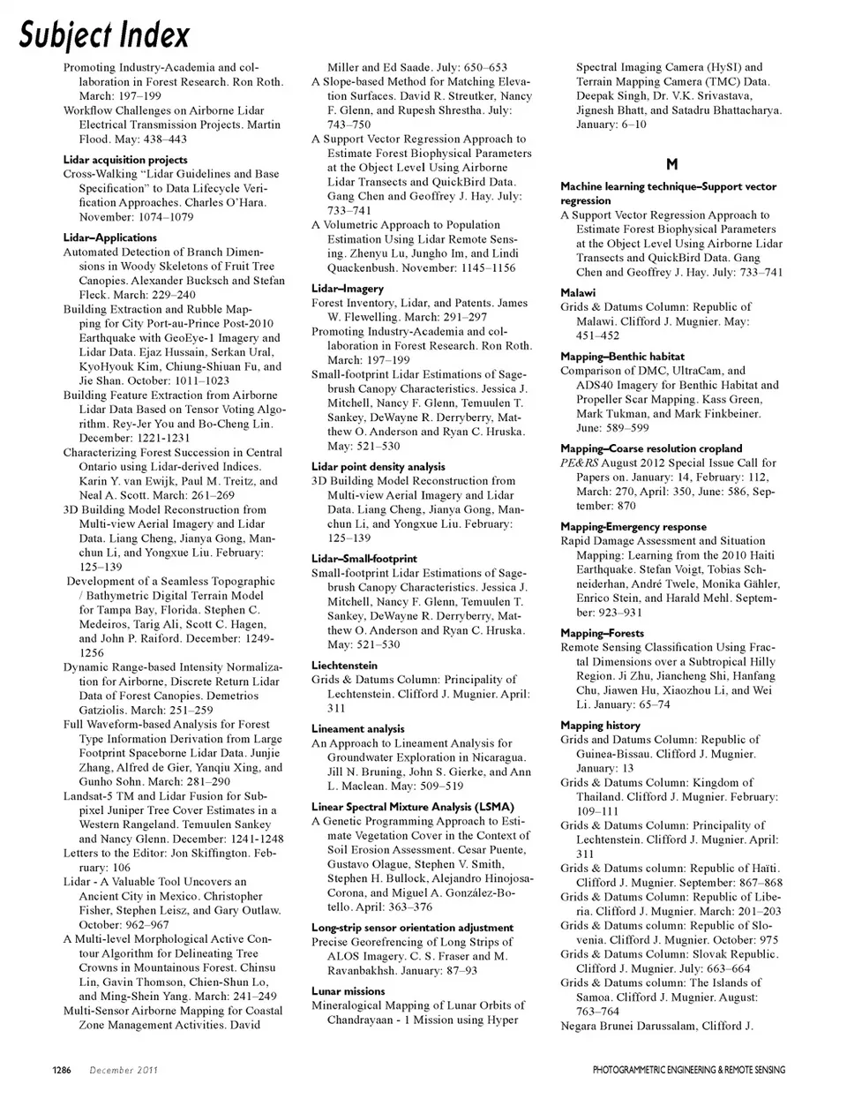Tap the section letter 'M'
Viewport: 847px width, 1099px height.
[x=671, y=164]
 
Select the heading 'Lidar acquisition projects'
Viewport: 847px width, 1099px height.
[x=125, y=160]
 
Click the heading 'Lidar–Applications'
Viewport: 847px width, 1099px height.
[x=110, y=237]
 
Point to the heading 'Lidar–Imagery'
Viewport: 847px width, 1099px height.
[x=348, y=289]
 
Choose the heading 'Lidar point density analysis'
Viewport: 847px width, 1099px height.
[x=379, y=466]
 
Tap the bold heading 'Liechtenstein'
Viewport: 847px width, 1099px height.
[x=344, y=666]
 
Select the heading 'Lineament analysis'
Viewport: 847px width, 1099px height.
[x=357, y=729]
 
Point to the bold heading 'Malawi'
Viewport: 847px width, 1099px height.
[x=578, y=292]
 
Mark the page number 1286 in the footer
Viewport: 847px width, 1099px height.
[x=60, y=1071]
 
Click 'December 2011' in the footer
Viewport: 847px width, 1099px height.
[x=124, y=1071]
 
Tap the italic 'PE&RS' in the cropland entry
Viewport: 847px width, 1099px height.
[x=579, y=463]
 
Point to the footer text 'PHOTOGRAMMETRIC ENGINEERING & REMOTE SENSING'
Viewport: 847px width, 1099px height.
[x=688, y=1071]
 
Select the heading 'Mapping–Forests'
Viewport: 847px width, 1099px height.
[x=603, y=633]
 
